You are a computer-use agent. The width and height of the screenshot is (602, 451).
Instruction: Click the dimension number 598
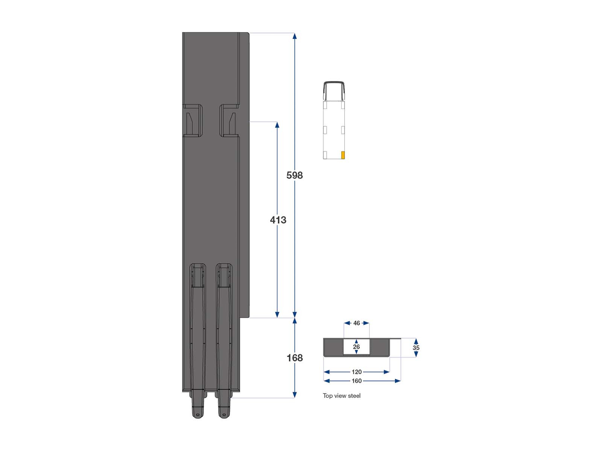[x=294, y=175]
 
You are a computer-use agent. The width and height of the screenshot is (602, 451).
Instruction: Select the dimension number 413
[x=278, y=220]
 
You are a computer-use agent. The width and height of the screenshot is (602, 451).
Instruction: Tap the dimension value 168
[x=295, y=358]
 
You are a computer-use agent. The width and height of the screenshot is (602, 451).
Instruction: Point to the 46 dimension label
[x=357, y=323]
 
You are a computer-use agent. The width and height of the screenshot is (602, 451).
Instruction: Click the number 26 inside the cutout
[x=356, y=347]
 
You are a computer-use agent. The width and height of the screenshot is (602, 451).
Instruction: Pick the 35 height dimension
[x=416, y=348]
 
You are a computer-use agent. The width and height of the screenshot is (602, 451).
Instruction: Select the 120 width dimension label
[x=356, y=372]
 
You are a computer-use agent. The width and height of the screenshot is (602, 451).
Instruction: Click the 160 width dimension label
[x=356, y=381]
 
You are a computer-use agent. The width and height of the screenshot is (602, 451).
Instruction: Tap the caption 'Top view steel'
[x=341, y=396]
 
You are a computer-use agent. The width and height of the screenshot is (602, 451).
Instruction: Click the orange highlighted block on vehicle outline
[x=343, y=155]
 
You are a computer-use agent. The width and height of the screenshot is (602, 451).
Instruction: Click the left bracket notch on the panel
[x=193, y=121]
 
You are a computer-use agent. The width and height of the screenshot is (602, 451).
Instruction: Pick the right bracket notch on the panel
[x=229, y=121]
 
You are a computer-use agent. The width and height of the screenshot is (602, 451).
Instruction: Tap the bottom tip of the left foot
[x=198, y=415]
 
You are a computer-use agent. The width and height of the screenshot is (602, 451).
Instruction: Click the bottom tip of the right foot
[x=224, y=415]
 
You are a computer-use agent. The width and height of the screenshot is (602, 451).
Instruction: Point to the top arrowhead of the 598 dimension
[x=295, y=36]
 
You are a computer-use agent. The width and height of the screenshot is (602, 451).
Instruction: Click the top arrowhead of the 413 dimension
[x=277, y=125]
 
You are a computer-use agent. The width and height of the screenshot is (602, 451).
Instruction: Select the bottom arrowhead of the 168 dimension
[x=295, y=395]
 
